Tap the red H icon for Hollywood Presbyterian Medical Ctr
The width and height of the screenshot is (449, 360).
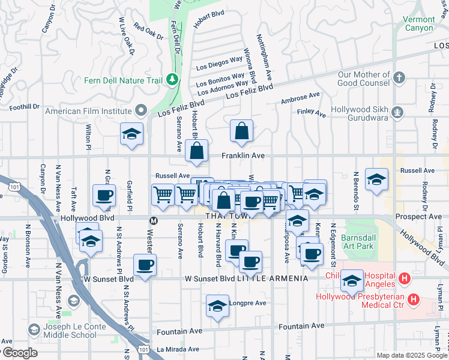(413, 299)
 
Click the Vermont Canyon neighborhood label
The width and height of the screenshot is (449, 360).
(418, 24)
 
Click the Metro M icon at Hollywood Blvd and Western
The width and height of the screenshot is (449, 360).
(154, 221)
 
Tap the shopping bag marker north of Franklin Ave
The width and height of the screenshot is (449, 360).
(241, 131)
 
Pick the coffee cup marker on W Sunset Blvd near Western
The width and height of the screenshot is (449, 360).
(145, 265)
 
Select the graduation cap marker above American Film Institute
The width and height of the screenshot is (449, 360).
(131, 134)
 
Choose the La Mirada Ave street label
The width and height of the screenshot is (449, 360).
(178, 349)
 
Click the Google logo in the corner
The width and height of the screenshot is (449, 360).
(20, 353)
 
